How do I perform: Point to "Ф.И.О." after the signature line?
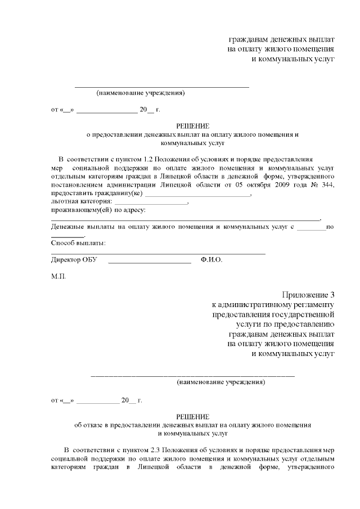click(211, 260)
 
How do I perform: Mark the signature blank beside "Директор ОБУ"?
click(149, 260)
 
